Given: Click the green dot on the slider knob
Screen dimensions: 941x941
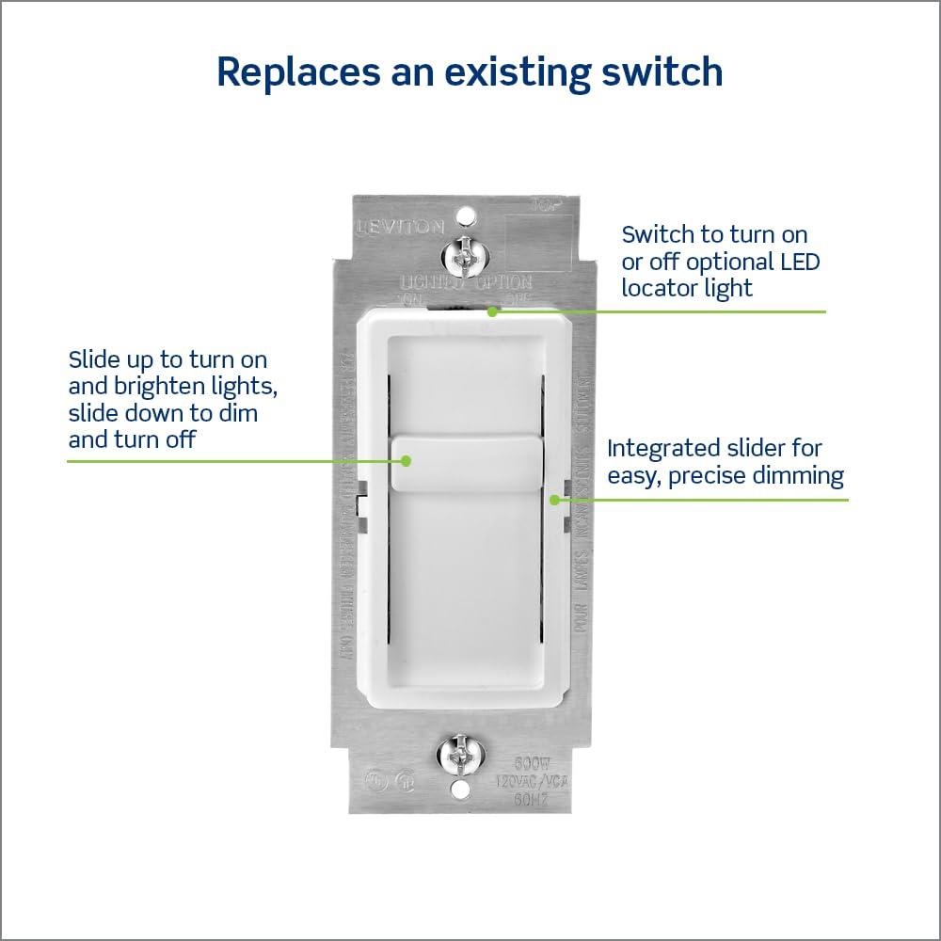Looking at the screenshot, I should (x=407, y=461).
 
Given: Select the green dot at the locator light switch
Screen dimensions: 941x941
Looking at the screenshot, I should (x=491, y=311).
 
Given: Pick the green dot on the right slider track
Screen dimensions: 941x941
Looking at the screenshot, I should (x=555, y=499).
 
